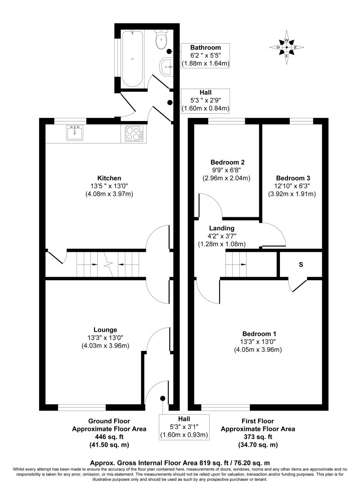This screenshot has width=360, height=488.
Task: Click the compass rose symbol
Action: [x=287, y=47]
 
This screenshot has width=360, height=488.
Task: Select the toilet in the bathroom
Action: [x=161, y=40]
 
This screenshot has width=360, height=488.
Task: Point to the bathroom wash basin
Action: [x=166, y=68]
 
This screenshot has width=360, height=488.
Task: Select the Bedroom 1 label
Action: [x=259, y=334]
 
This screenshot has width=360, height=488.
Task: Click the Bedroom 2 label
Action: [x=228, y=162]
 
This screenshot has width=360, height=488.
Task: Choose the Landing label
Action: [x=221, y=228]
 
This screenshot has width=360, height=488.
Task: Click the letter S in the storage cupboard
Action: [x=300, y=264]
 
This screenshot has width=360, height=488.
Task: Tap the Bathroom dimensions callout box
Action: [x=205, y=56]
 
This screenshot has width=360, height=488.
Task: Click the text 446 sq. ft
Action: [x=109, y=437]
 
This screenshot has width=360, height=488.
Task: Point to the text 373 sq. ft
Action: [x=257, y=437]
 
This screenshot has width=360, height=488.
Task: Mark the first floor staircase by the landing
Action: [x=236, y=264]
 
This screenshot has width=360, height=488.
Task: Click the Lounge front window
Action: [x=82, y=407]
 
